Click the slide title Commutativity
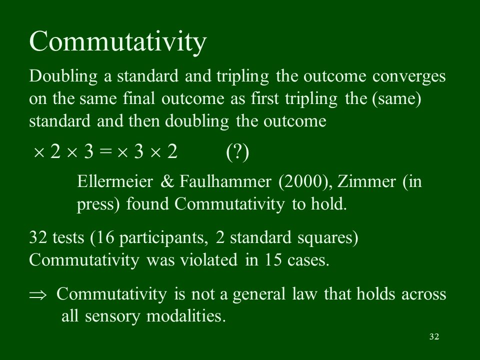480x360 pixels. point(118,42)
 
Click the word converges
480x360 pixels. point(409,76)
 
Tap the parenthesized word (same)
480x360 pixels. point(396,99)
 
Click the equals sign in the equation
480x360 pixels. point(105,151)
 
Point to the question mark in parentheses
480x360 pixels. point(237,152)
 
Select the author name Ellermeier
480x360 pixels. point(115,181)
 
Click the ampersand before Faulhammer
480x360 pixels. point(167,181)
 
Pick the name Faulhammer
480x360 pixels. point(225,181)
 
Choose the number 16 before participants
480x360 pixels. point(104,237)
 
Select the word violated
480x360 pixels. point(208,260)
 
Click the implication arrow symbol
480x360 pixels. point(37,295)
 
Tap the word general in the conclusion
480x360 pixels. point(259,295)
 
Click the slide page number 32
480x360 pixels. point(434,336)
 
